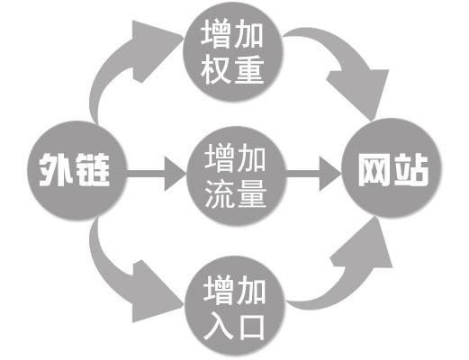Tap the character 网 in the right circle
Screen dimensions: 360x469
coord(374,169)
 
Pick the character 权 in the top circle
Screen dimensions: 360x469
coord(218,70)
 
